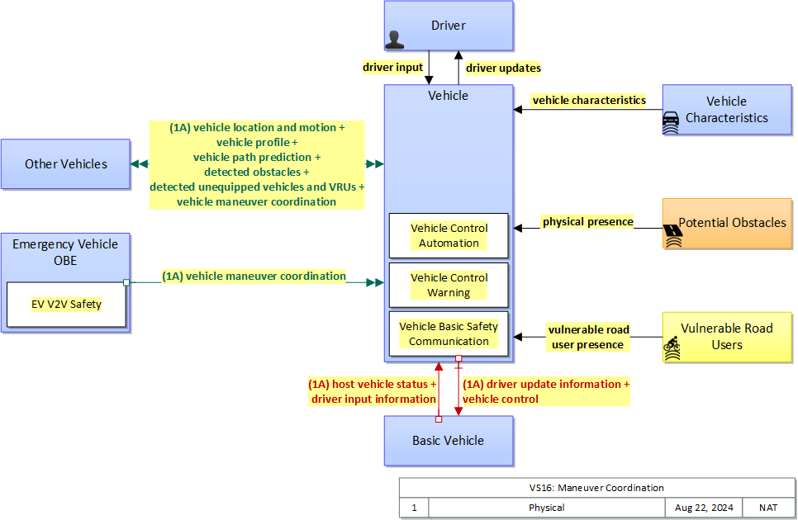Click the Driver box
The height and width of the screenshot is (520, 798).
(x=449, y=26)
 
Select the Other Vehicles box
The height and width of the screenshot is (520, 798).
(x=65, y=163)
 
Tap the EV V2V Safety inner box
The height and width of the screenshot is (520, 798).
(x=66, y=305)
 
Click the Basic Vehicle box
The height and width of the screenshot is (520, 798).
(x=448, y=440)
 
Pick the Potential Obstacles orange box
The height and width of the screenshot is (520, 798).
(x=728, y=223)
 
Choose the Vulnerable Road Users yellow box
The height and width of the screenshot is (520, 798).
(x=728, y=337)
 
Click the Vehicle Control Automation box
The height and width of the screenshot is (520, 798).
(x=449, y=235)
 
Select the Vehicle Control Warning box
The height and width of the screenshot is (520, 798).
(x=449, y=285)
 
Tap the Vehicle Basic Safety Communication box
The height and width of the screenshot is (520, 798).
(x=449, y=333)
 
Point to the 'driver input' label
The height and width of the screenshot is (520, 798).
(x=392, y=67)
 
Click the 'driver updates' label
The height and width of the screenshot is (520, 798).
(x=503, y=68)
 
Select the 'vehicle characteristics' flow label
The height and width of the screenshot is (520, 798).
(x=589, y=100)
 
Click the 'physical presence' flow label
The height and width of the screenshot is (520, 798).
(x=587, y=221)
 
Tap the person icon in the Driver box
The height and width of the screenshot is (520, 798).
(x=396, y=40)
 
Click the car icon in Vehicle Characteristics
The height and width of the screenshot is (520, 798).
(x=671, y=121)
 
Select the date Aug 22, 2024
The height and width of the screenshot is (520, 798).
(x=703, y=508)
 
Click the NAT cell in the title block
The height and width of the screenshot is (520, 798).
(x=768, y=508)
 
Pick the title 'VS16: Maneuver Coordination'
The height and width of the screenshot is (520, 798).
(x=596, y=488)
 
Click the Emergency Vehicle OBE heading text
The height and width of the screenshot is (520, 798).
(x=65, y=252)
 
